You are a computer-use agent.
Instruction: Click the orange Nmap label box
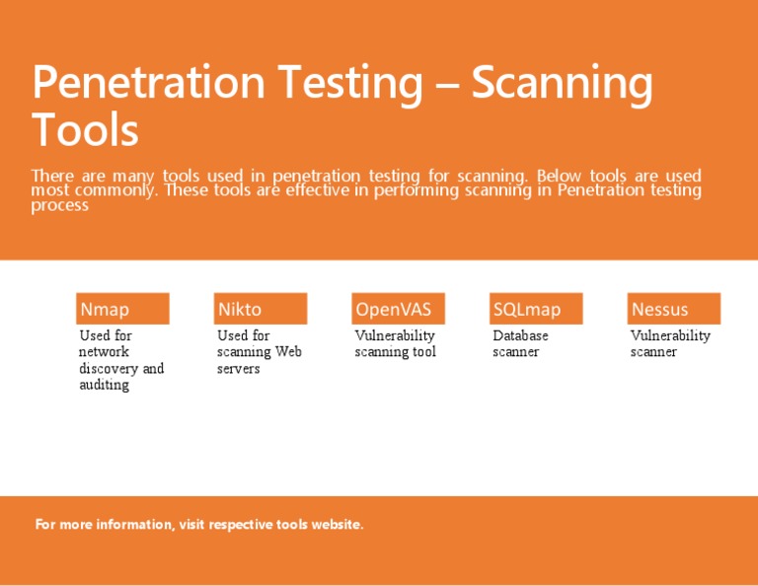pos(122,309)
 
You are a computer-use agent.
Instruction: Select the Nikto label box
pos(261,309)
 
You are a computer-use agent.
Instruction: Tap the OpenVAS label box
pos(398,309)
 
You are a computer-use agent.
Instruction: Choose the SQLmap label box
pos(536,309)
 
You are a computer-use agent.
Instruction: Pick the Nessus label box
pos(674,309)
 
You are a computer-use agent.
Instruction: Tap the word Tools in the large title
pos(85,130)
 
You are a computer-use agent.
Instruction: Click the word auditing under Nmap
pos(104,386)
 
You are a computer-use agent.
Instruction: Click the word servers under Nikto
pos(238,369)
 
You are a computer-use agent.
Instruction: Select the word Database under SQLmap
pos(520,335)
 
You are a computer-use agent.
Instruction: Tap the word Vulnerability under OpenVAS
pos(395,335)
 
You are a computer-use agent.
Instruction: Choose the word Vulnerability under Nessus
pos(670,335)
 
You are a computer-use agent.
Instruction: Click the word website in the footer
pos(337,525)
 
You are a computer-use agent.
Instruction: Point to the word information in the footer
pos(133,525)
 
